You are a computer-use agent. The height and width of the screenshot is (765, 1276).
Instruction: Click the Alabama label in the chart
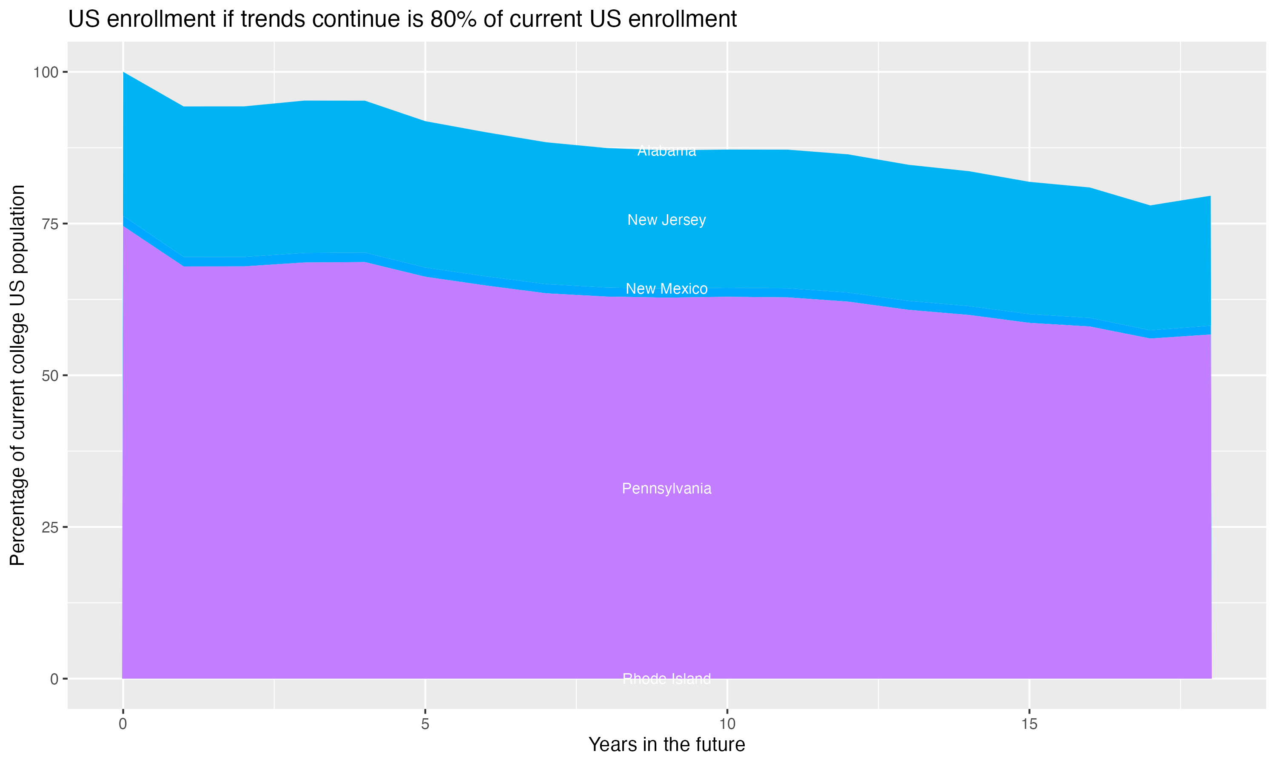coord(666,151)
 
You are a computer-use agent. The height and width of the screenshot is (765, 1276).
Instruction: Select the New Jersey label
coord(666,220)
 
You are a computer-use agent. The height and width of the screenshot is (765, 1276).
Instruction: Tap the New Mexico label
coord(666,289)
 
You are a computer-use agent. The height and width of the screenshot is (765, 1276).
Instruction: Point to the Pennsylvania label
coord(666,488)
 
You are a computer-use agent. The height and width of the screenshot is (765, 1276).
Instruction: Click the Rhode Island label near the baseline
coord(666,679)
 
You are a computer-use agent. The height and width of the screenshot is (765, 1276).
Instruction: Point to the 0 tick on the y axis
coord(54,679)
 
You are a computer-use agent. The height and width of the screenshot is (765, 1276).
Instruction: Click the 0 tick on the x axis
coord(123,724)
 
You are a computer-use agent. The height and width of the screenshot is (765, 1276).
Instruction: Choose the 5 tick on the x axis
coord(425,724)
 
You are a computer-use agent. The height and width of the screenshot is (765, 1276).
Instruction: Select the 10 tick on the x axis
coord(727,724)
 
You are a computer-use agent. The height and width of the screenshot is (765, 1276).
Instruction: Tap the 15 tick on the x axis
coord(1029,724)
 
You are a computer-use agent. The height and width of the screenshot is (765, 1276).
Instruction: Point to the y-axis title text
coord(17,375)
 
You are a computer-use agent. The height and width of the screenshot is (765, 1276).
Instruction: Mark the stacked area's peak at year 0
coord(123,73)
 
